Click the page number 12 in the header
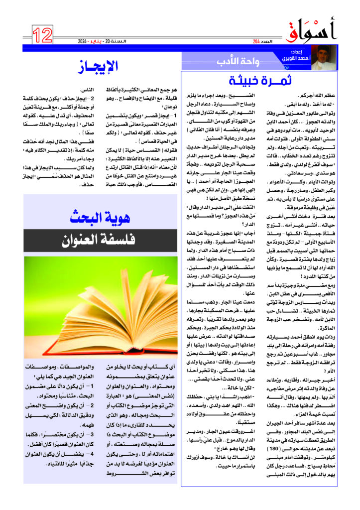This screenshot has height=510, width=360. tap(43, 35)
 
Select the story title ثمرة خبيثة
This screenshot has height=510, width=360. tap(260, 80)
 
